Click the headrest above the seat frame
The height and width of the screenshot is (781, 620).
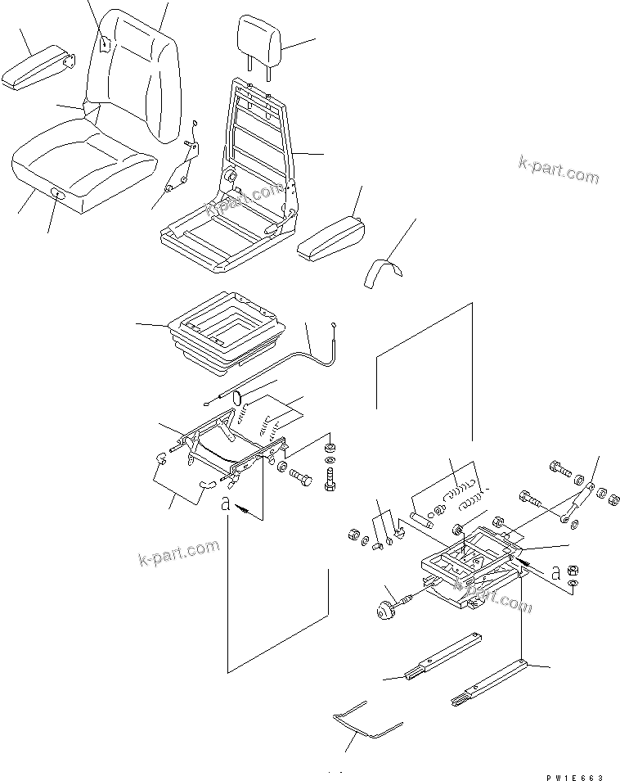[260, 39]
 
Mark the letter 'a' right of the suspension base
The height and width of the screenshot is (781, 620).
[555, 573]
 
